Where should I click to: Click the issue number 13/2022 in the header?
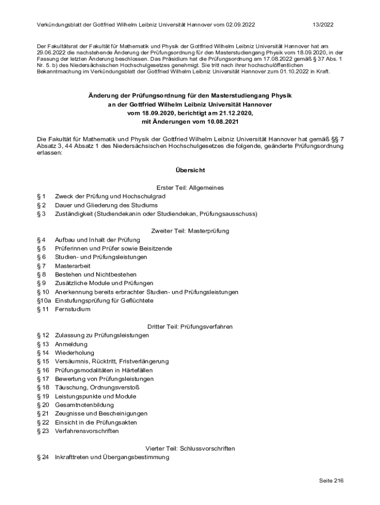click(323, 25)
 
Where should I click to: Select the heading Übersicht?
click(190, 170)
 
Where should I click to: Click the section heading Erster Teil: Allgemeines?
click(190, 188)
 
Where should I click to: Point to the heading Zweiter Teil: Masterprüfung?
click(190, 231)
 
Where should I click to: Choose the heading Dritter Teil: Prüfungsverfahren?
click(190, 326)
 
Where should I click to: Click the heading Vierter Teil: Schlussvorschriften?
click(190, 448)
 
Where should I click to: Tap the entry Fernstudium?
click(73, 309)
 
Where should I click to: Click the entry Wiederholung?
click(74, 353)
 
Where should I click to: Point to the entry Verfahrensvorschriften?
click(87, 431)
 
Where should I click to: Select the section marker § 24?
click(43, 457)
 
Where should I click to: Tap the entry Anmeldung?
click(71, 344)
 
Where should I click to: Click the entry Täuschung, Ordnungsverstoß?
click(97, 388)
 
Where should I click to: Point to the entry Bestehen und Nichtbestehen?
click(96, 274)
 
